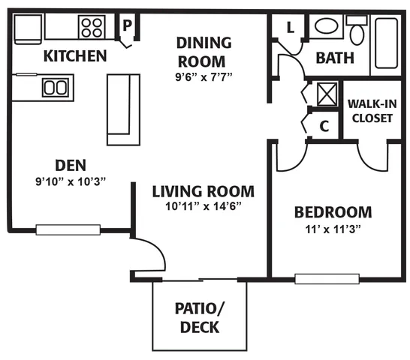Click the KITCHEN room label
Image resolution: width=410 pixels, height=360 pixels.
(x=75, y=56)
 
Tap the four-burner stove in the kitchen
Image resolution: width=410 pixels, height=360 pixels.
(x=92, y=27)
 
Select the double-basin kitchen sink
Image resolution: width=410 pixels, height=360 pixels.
(x=56, y=87)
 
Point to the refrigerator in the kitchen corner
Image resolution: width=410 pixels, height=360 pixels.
(x=28, y=29)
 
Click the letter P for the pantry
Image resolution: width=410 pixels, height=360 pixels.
(x=127, y=25)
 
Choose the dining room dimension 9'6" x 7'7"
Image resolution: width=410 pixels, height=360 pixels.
(x=203, y=77)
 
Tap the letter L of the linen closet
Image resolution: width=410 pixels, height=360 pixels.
(x=291, y=28)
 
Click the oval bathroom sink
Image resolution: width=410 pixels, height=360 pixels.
(x=327, y=25)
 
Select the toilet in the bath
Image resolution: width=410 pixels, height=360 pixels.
(x=357, y=30)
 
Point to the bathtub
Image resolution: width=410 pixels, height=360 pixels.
(x=386, y=43)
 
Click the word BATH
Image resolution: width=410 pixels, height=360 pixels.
(x=335, y=58)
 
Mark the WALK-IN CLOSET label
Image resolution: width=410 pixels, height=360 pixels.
(x=372, y=111)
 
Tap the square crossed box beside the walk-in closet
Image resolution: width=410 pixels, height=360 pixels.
(x=327, y=94)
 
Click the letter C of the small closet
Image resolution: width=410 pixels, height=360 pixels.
(x=324, y=126)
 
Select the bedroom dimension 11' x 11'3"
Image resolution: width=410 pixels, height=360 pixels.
(x=333, y=229)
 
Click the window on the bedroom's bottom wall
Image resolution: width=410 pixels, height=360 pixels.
(x=327, y=279)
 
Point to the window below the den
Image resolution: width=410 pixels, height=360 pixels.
(x=68, y=230)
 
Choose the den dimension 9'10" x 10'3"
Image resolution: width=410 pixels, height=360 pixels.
(x=71, y=181)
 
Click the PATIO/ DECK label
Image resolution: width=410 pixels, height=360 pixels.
(x=200, y=318)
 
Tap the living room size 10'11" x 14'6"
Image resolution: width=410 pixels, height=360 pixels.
(x=203, y=206)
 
